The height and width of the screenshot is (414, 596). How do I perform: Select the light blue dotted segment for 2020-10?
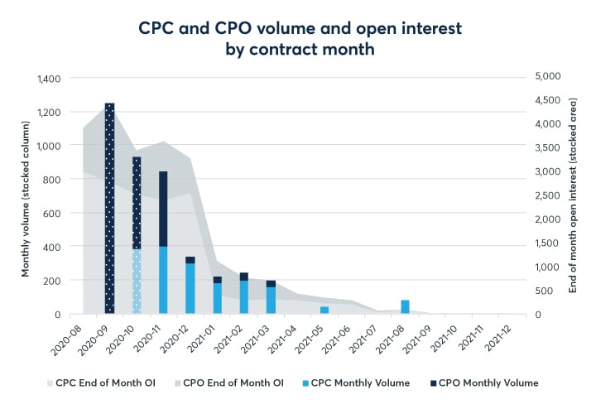[137, 282]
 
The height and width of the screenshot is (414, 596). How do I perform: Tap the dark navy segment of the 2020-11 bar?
[163, 209]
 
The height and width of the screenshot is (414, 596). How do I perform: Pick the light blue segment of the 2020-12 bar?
[190, 288]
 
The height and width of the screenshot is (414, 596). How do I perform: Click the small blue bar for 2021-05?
[324, 310]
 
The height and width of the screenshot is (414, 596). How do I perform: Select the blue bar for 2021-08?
[405, 306]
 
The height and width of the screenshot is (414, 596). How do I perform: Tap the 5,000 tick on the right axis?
[547, 76]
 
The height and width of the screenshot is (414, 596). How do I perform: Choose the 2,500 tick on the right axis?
[547, 195]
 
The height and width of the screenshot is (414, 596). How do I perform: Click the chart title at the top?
[300, 39]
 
